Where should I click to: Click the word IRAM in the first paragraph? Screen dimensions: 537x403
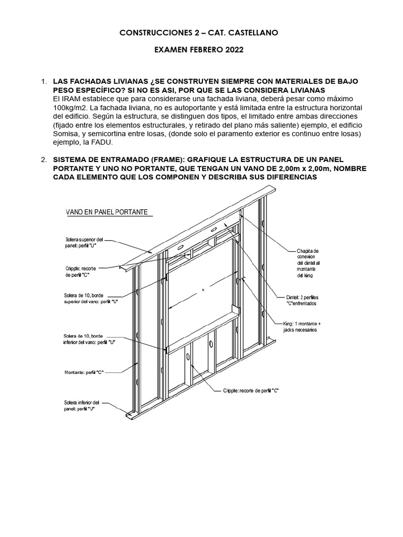pyautogui.click(x=71, y=99)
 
